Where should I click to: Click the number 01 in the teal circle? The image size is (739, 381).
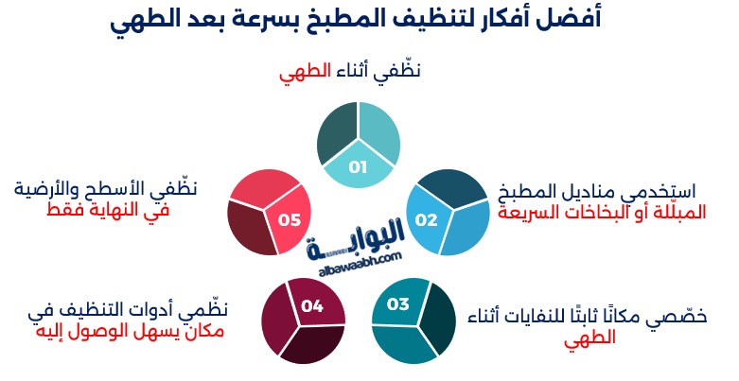pyautogui.click(x=358, y=168)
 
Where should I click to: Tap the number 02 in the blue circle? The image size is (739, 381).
pyautogui.click(x=427, y=220)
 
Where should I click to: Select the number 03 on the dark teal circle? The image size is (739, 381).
pyautogui.click(x=398, y=304)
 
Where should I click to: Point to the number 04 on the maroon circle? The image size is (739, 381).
pyautogui.click(x=312, y=305)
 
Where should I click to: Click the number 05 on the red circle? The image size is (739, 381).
pyautogui.click(x=289, y=220)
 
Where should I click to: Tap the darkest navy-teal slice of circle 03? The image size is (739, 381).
pyautogui.click(x=438, y=317)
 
